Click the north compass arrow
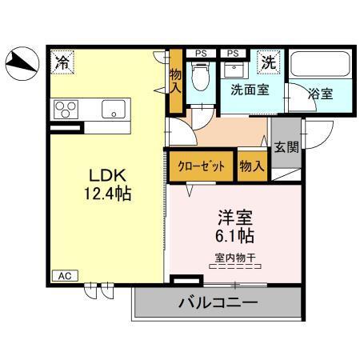click(22, 63)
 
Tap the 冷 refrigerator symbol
click(62, 60)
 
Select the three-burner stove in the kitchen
click(66, 109)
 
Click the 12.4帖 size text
click(104, 194)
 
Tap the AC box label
click(62, 274)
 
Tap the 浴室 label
click(322, 93)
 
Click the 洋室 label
click(235, 216)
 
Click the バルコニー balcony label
click(218, 303)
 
